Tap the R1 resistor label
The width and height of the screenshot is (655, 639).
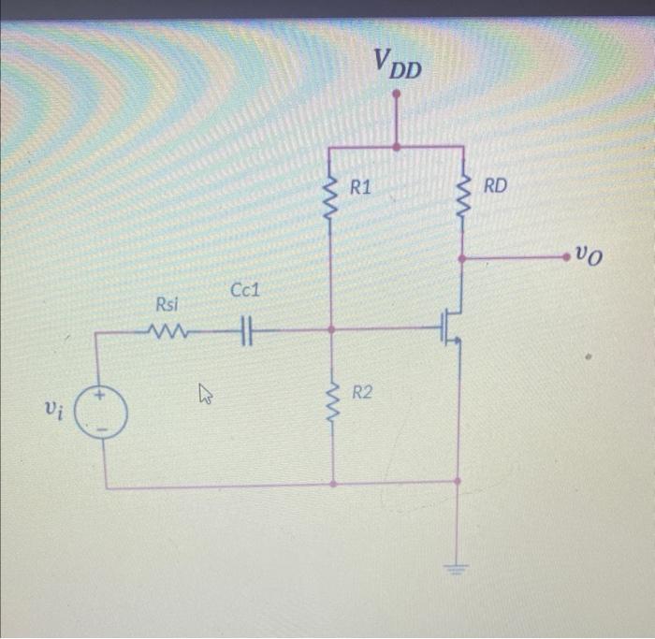pyautogui.click(x=360, y=188)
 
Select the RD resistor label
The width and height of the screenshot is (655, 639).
pyautogui.click(x=495, y=185)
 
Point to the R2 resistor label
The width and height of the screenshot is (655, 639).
pyautogui.click(x=362, y=393)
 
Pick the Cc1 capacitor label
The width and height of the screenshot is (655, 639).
pyautogui.click(x=244, y=292)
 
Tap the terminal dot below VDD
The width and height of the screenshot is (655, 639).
pyautogui.click(x=397, y=94)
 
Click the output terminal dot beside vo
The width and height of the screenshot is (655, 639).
pyautogui.click(x=564, y=254)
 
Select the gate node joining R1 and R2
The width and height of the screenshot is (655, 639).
pyautogui.click(x=332, y=329)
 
